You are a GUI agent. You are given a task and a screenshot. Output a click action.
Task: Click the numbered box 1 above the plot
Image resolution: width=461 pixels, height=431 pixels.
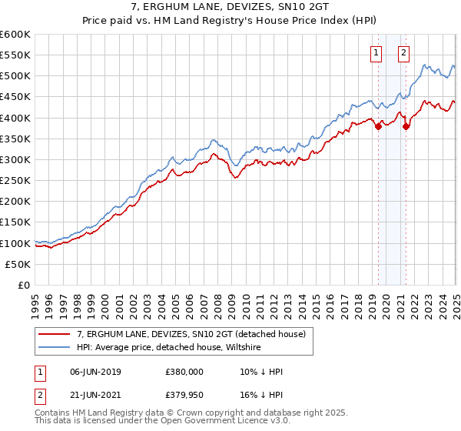pos(376,53)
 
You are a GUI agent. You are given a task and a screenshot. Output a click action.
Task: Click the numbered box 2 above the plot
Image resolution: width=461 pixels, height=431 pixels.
pos(403,53)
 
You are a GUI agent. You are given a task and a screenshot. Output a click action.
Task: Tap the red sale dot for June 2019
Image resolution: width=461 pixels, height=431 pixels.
pos(378,127)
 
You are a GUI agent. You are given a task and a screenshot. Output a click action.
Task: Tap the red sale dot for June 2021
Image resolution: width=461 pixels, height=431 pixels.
pos(406,127)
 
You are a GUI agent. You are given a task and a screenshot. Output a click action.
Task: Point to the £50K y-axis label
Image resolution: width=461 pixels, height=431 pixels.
pos(17,264)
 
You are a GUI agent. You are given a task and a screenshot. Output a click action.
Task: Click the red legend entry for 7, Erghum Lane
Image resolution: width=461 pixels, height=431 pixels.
pos(191,334)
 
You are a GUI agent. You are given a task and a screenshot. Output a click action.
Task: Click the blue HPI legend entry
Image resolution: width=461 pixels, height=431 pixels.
pos(169,346)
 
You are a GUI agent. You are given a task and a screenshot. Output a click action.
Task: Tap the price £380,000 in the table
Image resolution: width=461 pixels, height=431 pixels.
pos(184,372)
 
